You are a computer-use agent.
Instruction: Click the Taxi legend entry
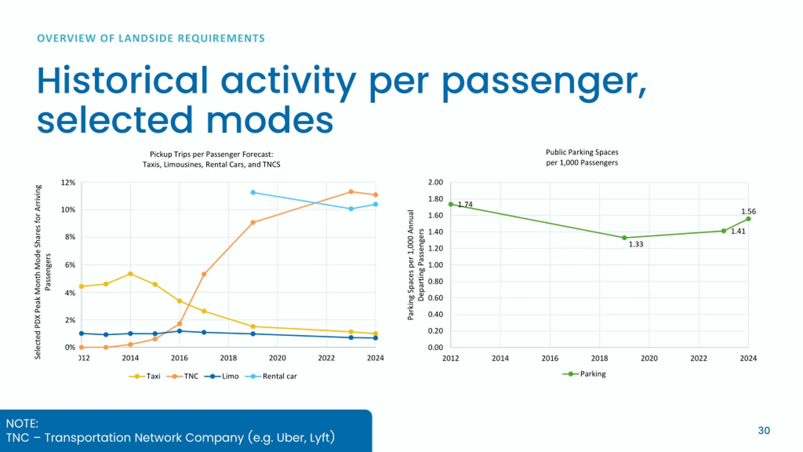click(145, 376)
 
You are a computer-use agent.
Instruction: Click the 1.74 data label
click(465, 204)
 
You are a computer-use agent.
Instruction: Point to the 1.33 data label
click(636, 244)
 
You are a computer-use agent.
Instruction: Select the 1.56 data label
click(748, 212)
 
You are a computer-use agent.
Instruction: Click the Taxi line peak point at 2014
click(130, 274)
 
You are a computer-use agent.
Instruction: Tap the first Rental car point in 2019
click(253, 192)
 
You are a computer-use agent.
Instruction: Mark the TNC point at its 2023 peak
click(351, 192)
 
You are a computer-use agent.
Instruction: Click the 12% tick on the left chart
click(68, 183)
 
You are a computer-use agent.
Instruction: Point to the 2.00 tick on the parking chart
click(435, 182)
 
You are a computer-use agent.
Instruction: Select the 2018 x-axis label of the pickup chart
click(228, 358)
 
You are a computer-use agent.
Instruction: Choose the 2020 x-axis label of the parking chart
click(649, 358)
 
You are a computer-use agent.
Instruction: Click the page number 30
click(764, 430)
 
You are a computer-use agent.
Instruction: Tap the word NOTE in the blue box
click(22, 423)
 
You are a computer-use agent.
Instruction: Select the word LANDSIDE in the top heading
click(146, 38)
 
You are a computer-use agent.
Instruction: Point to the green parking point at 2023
click(724, 231)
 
